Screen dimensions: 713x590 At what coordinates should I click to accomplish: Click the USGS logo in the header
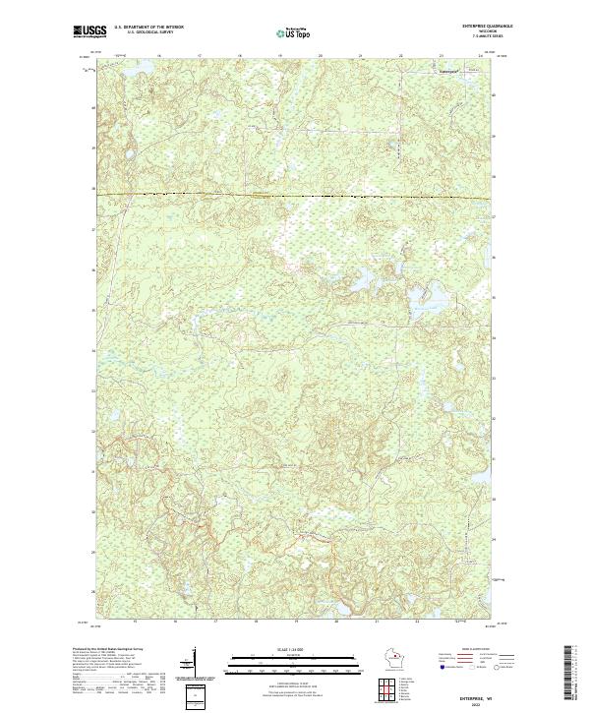click(x=89, y=32)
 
